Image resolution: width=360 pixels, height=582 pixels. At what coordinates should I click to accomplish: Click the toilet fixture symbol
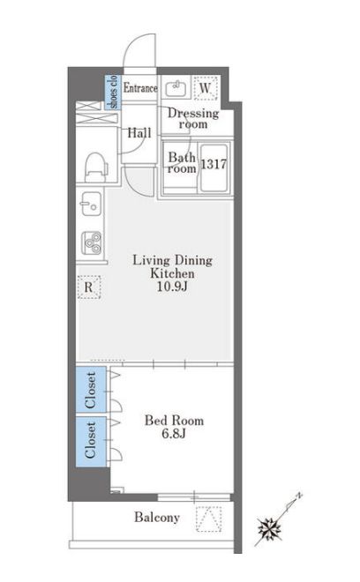[x=96, y=167]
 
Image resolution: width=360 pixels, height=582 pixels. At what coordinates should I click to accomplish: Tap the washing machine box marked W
[x=206, y=88]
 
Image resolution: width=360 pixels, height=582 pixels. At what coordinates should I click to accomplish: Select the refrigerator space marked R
[x=89, y=287]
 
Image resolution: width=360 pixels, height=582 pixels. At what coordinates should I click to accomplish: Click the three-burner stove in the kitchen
[x=92, y=242]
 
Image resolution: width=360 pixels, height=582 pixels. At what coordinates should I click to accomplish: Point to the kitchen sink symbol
[x=91, y=204]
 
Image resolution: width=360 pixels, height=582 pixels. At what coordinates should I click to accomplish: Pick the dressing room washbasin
[x=176, y=88]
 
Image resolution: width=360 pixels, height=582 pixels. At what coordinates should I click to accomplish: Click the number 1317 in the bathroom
[x=214, y=164]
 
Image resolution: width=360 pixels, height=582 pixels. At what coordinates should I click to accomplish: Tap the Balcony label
[x=157, y=517]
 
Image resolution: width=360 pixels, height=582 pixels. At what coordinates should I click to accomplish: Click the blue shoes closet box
[x=113, y=92]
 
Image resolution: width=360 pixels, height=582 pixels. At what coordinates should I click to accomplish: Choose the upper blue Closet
[x=91, y=390]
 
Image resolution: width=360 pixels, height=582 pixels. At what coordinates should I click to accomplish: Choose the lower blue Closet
[x=91, y=441]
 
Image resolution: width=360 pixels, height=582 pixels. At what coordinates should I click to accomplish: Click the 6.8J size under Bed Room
[x=174, y=433]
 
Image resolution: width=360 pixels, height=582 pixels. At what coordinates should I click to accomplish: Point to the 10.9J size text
[x=172, y=287]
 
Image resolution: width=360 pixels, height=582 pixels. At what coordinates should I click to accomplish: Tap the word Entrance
[x=140, y=88]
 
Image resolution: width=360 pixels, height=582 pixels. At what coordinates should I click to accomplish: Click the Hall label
[x=139, y=133]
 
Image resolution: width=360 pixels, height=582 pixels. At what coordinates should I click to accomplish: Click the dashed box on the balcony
[x=208, y=519]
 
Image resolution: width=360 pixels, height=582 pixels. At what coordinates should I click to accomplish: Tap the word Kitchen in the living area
[x=172, y=273]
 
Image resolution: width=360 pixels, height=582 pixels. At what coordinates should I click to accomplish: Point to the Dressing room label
[x=193, y=118]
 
